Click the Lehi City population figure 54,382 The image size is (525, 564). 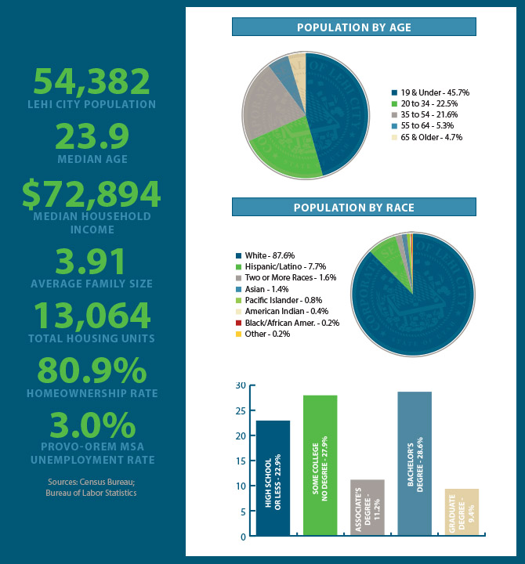(x=91, y=81)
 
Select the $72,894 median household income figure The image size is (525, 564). (x=91, y=195)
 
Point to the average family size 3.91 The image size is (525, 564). (x=91, y=262)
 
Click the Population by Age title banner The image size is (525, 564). (x=353, y=28)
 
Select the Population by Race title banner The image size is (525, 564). (x=353, y=208)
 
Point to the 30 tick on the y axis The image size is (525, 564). (x=241, y=385)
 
